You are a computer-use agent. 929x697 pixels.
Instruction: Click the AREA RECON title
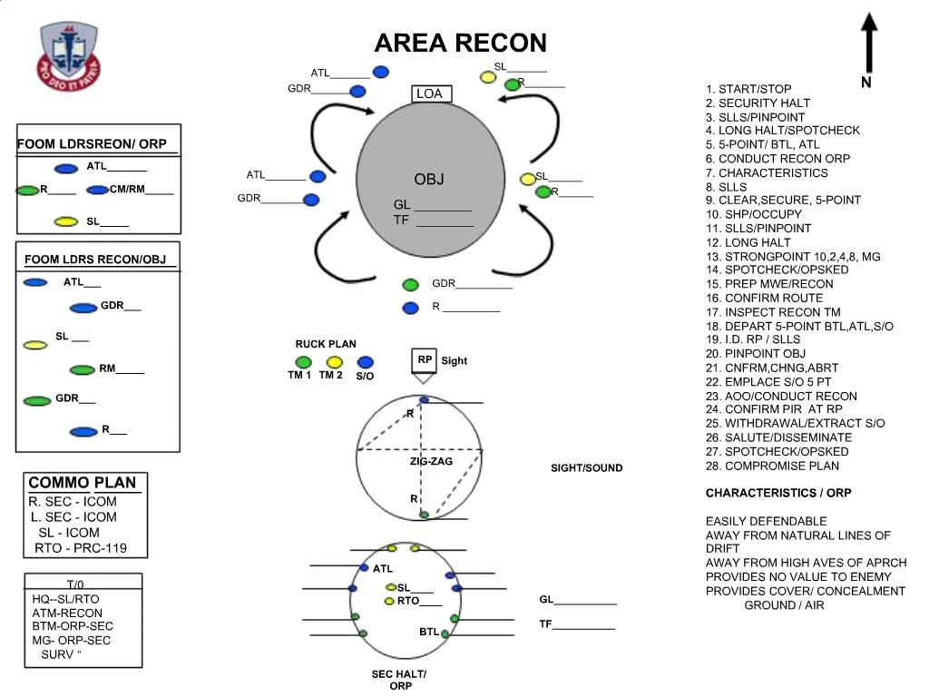pos(460,43)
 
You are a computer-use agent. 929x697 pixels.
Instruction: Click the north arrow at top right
pos(868,45)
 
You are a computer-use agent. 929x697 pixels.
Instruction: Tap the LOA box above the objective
pos(429,93)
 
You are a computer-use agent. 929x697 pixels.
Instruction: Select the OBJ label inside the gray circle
pos(429,179)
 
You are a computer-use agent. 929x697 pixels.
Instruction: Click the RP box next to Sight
pos(424,360)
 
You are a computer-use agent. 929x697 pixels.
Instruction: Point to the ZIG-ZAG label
pos(431,462)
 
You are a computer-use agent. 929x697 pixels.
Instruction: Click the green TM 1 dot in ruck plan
pos(304,362)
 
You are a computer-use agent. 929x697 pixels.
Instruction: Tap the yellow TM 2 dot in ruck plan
pos(333,362)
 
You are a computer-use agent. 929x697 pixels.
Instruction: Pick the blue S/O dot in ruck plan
pos(365,362)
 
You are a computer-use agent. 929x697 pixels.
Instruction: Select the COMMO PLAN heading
pos(86,483)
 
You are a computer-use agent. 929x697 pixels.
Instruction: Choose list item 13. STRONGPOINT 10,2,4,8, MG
pos(793,257)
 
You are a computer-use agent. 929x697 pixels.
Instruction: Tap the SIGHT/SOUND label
pos(586,468)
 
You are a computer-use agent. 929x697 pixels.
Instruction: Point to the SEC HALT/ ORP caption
pos(399,680)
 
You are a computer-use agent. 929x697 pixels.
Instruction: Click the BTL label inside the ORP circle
pos(428,631)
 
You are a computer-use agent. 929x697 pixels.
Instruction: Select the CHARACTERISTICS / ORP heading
pos(777,493)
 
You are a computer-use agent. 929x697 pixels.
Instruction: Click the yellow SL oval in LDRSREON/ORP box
pos(65,221)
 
